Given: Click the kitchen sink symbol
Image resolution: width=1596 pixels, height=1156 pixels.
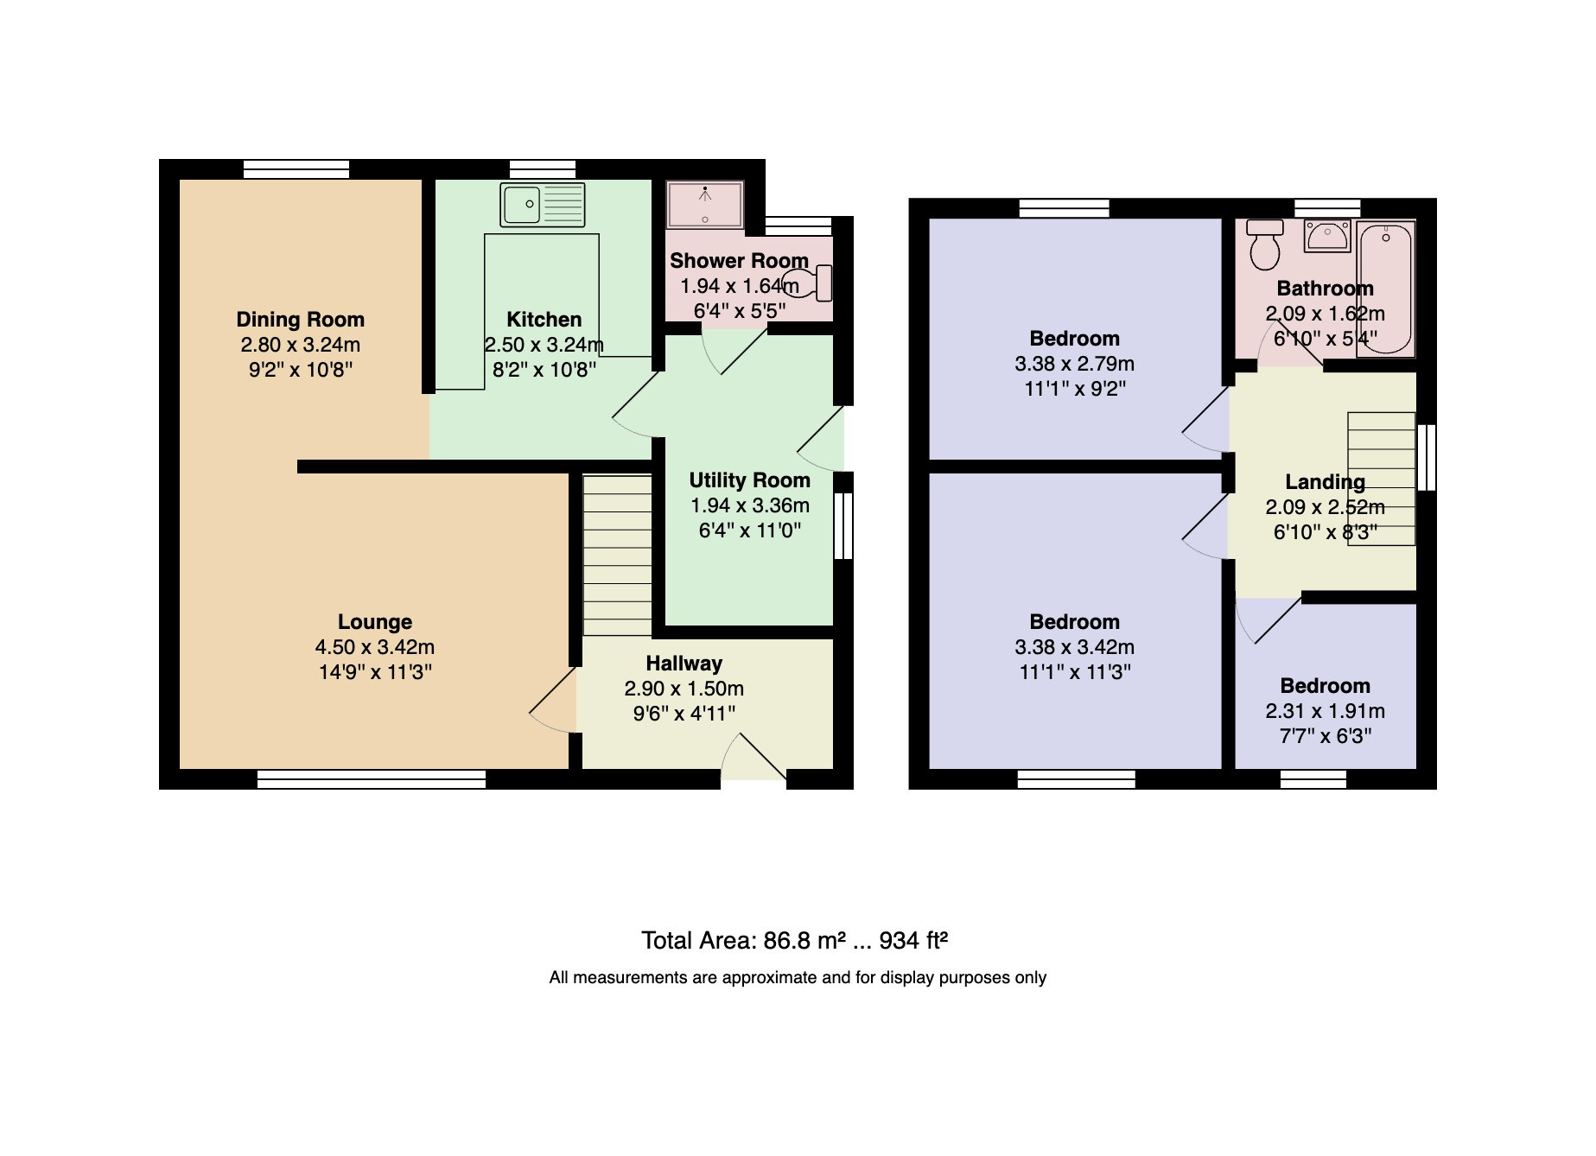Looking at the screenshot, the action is [x=542, y=205].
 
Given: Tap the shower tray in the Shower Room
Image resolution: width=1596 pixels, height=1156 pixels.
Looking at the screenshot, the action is [x=705, y=205].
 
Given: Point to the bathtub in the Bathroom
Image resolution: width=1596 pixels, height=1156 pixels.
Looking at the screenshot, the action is [x=1386, y=289].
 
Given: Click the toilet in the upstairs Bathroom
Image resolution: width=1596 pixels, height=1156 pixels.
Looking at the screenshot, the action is [x=1266, y=245].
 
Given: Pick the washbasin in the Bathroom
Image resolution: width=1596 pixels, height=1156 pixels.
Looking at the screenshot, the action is [x=1327, y=235].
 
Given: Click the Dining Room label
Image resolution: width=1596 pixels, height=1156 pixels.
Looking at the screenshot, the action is [x=301, y=320].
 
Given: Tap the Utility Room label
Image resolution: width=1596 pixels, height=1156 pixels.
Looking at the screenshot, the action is [x=750, y=480].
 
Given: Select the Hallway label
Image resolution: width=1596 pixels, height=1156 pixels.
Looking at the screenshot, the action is [x=684, y=664].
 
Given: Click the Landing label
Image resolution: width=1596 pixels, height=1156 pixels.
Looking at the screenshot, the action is [x=1326, y=482].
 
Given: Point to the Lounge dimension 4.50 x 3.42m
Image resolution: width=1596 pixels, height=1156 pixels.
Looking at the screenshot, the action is [x=375, y=647].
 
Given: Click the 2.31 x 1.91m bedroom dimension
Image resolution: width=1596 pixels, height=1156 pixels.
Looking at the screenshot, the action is [x=1326, y=711].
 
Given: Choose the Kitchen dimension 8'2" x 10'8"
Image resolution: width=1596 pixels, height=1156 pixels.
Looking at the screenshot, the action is [x=544, y=370].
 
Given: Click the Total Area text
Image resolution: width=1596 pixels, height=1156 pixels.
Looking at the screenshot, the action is [x=795, y=940].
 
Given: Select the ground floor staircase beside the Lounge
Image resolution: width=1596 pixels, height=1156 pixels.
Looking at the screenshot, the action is [x=617, y=556].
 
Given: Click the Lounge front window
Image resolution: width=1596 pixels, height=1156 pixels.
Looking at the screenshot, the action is [x=372, y=780].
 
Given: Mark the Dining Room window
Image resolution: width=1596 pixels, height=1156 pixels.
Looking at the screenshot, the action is [x=296, y=169].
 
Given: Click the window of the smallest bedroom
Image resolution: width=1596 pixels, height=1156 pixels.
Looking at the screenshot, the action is [x=1313, y=780].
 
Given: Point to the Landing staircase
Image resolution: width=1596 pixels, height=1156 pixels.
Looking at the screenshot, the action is [x=1382, y=479].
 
